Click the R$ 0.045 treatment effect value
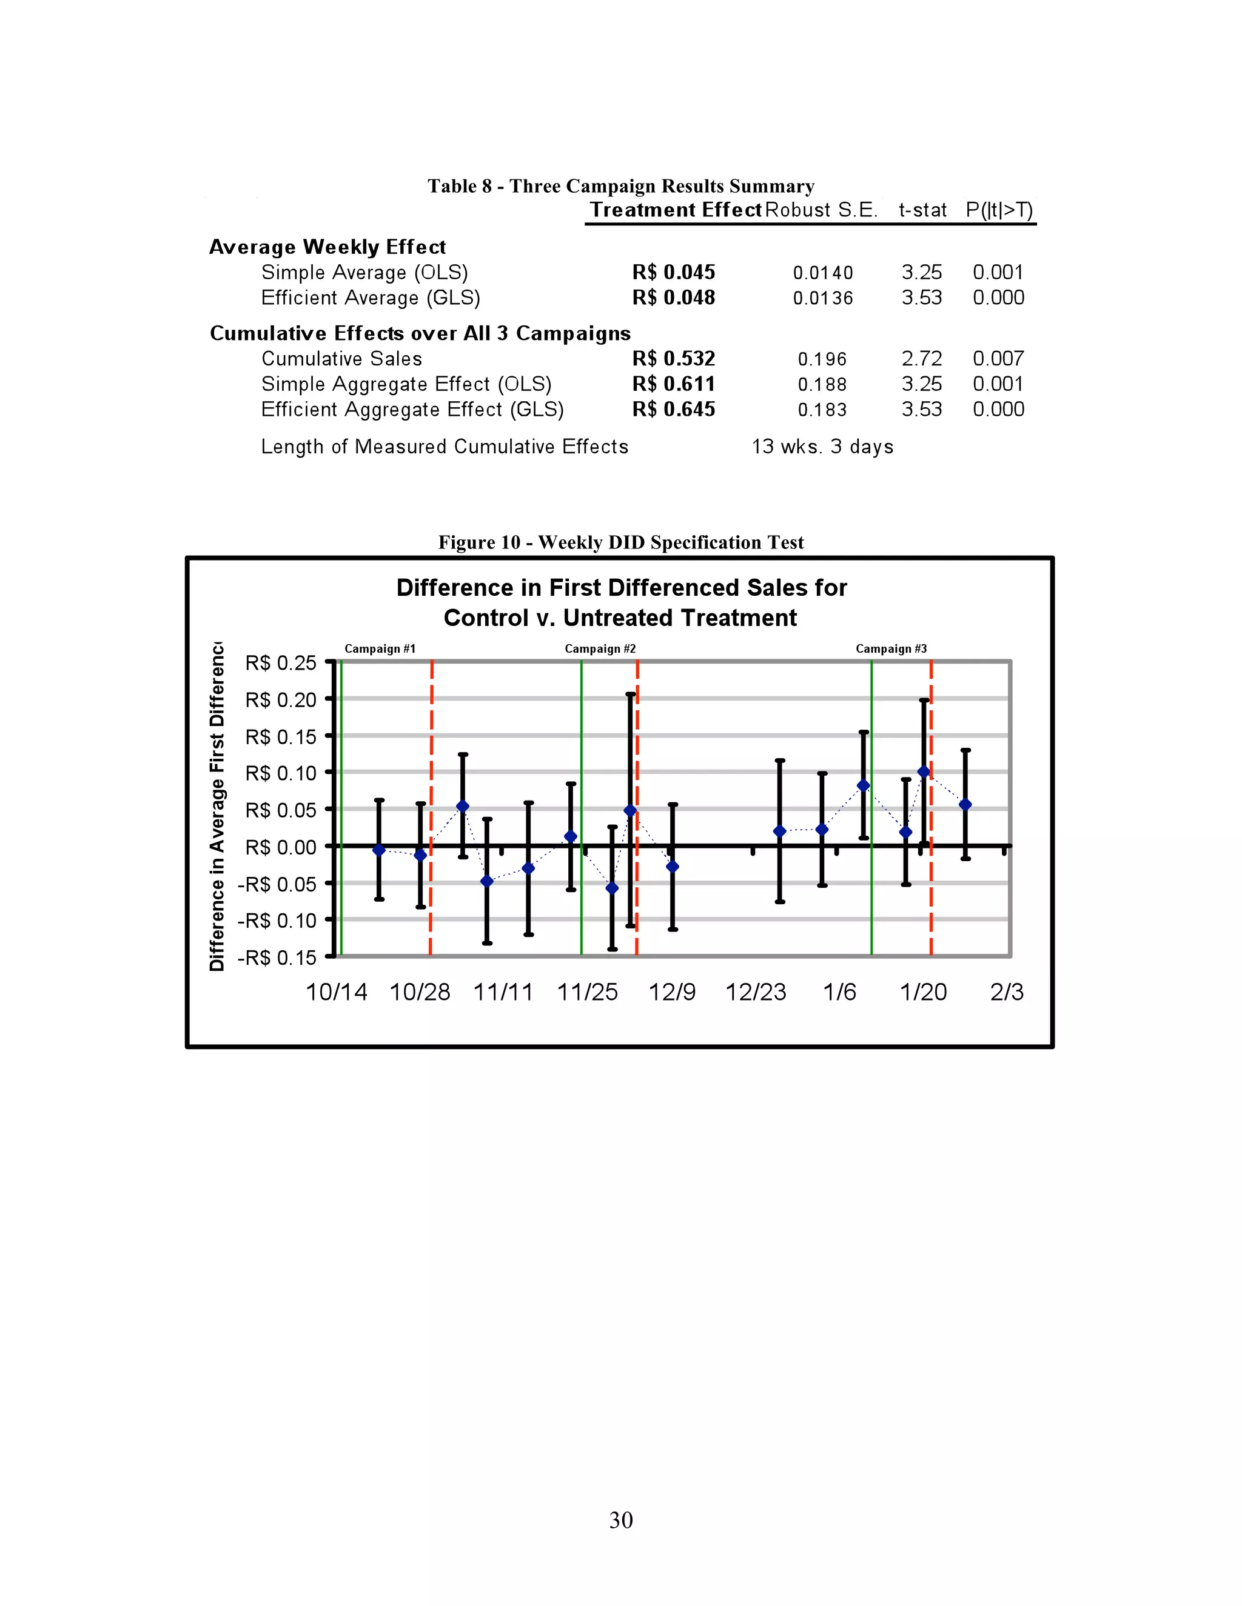673,272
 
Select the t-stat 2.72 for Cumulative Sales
921,359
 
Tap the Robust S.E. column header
821,210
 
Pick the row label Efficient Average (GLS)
370,298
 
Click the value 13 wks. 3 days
822,447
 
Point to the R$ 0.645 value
673,410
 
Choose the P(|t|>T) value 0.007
998,359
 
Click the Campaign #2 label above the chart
600,648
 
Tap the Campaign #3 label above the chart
890,648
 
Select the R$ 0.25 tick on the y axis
280,663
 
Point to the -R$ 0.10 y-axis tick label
277,921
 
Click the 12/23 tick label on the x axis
756,993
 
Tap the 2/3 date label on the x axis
1006,993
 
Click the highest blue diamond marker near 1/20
924,771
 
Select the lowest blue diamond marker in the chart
612,888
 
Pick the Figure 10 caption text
620,542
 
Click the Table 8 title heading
620,186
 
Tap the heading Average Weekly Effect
327,247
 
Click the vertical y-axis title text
217,806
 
